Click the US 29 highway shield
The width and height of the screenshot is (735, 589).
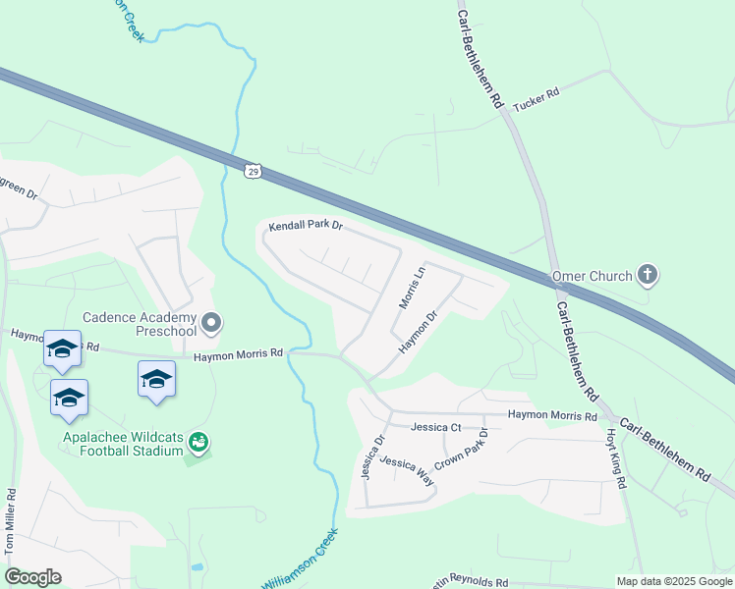pos(254,172)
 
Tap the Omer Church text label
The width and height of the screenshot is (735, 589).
pos(593,276)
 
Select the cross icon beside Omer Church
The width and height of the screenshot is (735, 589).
pos(648,275)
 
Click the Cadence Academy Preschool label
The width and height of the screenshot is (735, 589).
pos(139,324)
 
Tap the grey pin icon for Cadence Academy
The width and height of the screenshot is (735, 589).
pos(210,322)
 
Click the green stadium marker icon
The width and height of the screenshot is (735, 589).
pos(199,443)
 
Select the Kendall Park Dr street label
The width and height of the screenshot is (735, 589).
pos(306,226)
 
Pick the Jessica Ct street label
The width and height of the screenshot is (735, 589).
pos(436,427)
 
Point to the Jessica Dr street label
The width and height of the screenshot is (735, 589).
pos(370,458)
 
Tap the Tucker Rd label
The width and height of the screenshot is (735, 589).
pos(537,93)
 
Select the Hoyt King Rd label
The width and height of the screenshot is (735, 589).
pos(614,458)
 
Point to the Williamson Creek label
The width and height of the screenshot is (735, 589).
pos(299,560)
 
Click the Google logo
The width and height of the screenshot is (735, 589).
pos(32,577)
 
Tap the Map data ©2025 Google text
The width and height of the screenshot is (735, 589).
pos(673,581)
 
